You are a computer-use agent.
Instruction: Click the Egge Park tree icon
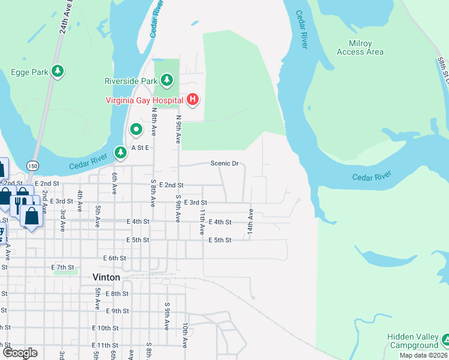[x=58, y=72]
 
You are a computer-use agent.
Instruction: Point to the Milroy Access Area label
[x=360, y=48]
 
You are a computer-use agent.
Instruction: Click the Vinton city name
[x=106, y=277]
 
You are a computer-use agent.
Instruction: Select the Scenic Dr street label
[x=224, y=163]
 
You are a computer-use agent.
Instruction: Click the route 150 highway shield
[x=32, y=164]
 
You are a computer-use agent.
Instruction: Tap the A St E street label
[x=137, y=147]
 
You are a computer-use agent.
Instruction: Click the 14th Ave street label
[x=251, y=221]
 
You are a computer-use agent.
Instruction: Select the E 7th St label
[x=62, y=267]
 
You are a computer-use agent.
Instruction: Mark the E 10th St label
[x=106, y=328]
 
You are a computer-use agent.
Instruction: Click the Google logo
[x=19, y=353]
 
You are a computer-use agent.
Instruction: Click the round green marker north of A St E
[x=136, y=128]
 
